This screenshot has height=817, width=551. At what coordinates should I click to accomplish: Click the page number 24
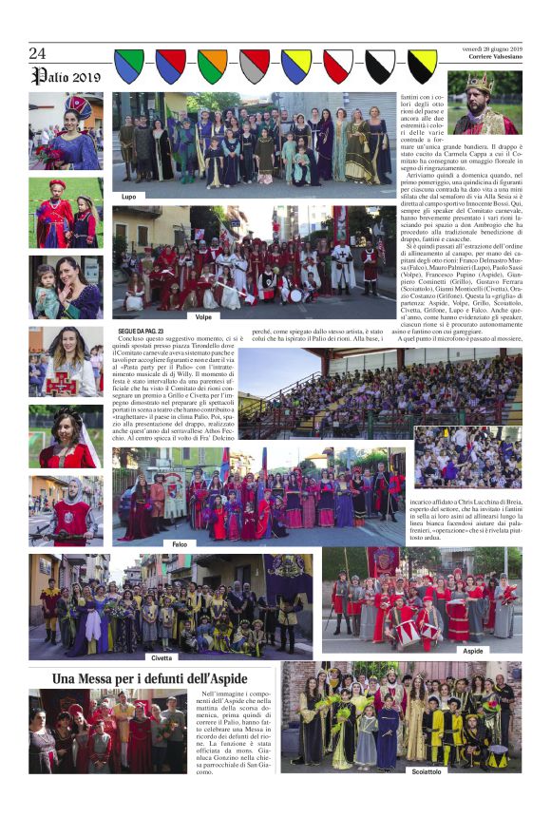[x=37, y=53]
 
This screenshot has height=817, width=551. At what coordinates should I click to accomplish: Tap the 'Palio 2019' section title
[x=65, y=76]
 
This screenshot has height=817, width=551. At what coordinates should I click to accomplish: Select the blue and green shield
[x=129, y=66]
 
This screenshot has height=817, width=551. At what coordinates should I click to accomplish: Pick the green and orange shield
[x=212, y=66]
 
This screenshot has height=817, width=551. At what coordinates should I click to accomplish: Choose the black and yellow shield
[x=422, y=66]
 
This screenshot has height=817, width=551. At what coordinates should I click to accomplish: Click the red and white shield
[x=337, y=66]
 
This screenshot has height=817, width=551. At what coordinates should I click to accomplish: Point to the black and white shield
[x=380, y=66]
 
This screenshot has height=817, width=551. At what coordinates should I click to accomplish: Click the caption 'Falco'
[x=180, y=543]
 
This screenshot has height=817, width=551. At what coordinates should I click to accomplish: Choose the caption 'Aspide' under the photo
[x=472, y=651]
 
